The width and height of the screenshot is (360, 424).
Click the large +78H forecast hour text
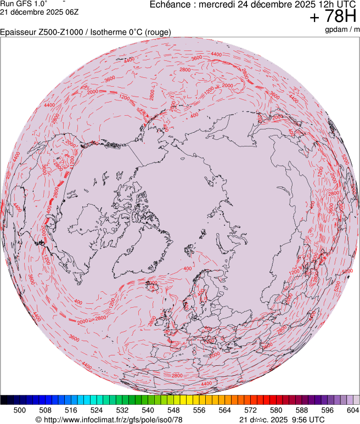click(334, 17)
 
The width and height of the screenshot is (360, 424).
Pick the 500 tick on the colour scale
click(20, 410)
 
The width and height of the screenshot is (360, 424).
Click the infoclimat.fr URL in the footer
click(113, 419)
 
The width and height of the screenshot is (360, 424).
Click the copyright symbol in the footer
click(38, 419)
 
